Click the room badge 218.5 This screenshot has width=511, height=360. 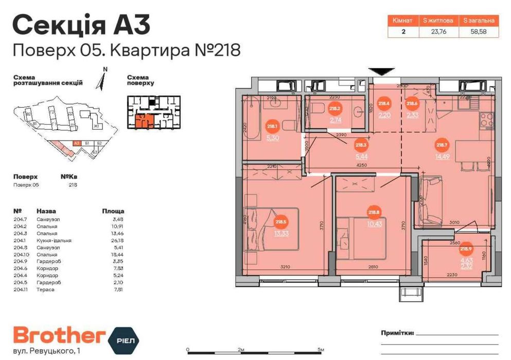coord(280,222)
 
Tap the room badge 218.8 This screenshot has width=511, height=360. coord(374,211)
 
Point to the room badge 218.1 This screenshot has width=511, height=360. coord(272,125)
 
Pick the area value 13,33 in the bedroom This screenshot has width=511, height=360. coord(281,233)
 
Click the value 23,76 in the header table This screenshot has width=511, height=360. coord(438,31)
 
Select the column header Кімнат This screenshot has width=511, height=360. coord(402,21)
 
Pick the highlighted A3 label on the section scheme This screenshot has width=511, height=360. coord(76,144)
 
